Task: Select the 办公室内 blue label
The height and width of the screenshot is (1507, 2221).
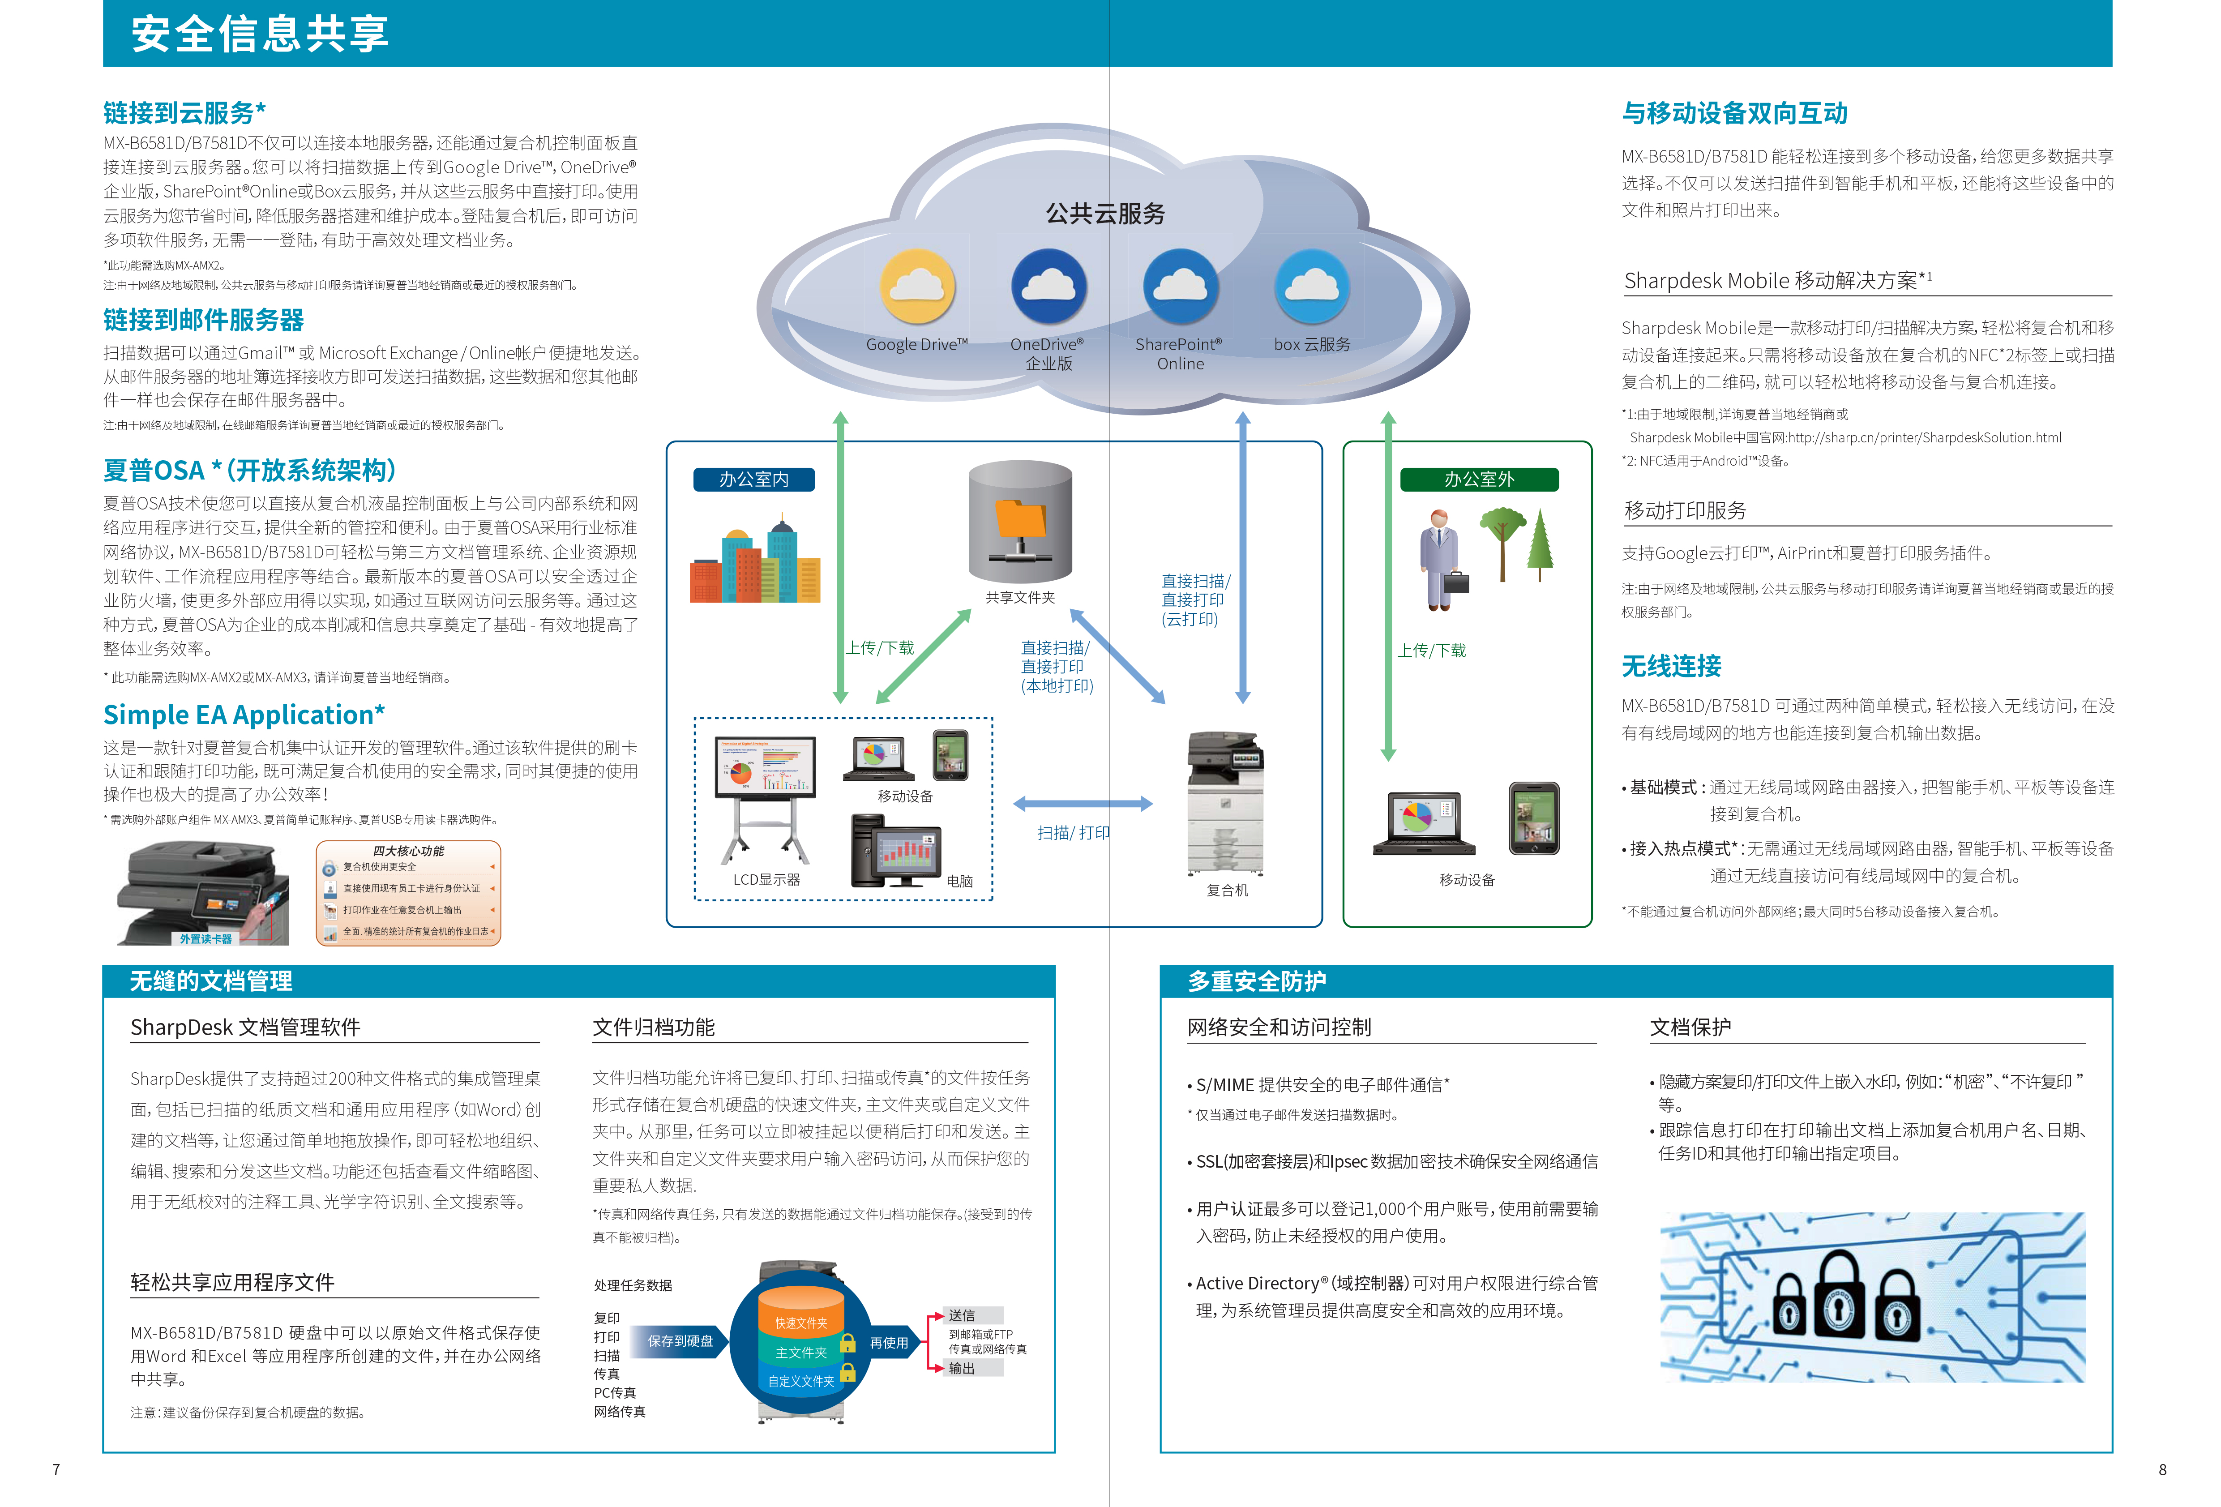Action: [754, 479]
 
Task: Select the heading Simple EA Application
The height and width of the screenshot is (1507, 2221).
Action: [244, 715]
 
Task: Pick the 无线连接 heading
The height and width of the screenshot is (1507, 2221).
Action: [1672, 666]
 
